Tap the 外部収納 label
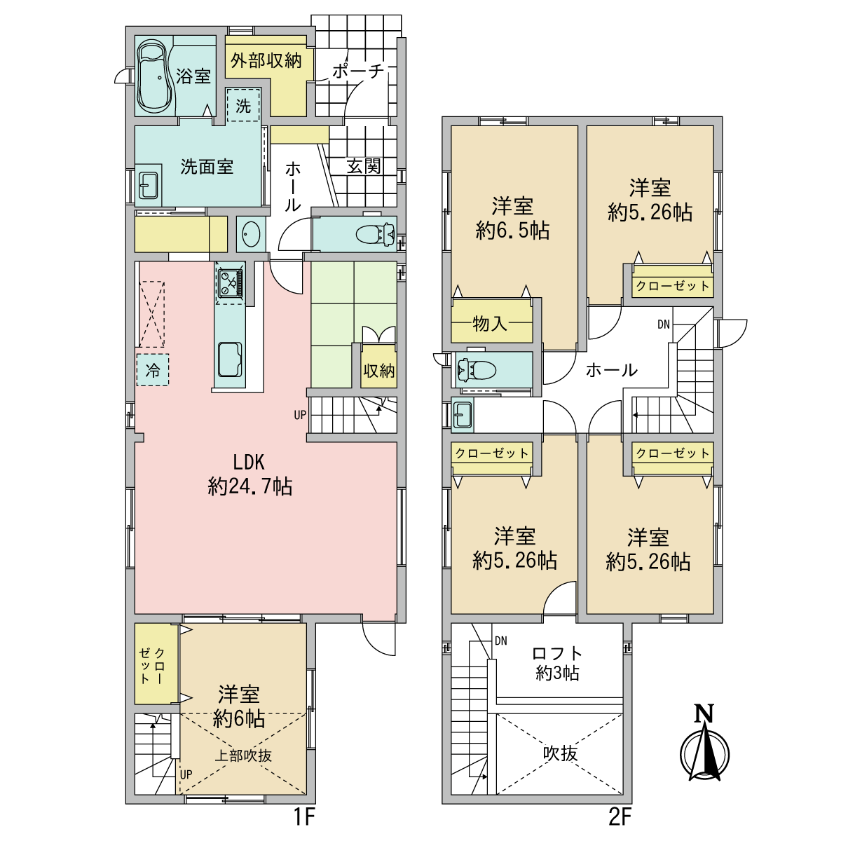[x=266, y=61]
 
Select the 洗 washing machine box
[x=243, y=106]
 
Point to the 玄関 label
[x=364, y=166]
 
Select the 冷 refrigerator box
[x=153, y=371]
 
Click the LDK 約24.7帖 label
[x=249, y=474]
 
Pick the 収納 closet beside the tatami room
[x=378, y=370]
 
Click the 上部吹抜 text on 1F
[x=242, y=755]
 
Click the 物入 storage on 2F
[x=491, y=323]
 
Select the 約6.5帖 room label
[x=512, y=218]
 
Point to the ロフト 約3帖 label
[x=557, y=663]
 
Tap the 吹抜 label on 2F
[x=560, y=753]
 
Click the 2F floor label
[x=620, y=817]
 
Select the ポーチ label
[x=357, y=71]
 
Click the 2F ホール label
[x=611, y=369]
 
